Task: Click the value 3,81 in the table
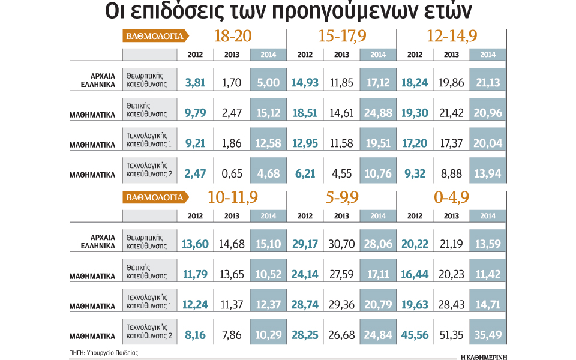click(x=195, y=82)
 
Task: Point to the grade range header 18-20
click(x=232, y=36)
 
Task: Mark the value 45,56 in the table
click(x=415, y=335)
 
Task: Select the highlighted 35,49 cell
click(x=488, y=335)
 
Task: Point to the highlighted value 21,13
click(x=488, y=82)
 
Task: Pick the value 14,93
click(x=305, y=82)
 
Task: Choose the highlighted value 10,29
click(x=268, y=335)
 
